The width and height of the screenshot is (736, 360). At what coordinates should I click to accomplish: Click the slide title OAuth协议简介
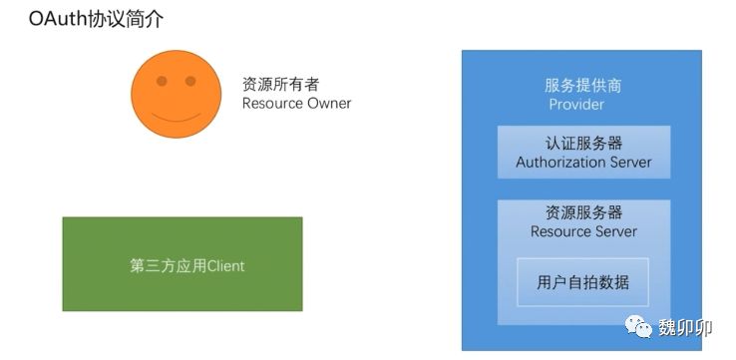pyautogui.click(x=96, y=19)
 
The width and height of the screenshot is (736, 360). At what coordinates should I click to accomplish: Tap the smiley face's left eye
pyautogui.click(x=162, y=81)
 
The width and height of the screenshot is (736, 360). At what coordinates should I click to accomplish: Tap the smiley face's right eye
pyautogui.click(x=190, y=81)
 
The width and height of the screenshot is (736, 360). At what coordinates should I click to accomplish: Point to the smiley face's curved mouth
pyautogui.click(x=176, y=118)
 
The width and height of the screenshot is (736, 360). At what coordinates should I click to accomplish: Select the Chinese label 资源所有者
pyautogui.click(x=280, y=84)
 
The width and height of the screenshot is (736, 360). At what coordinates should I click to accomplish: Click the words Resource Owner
pyautogui.click(x=296, y=104)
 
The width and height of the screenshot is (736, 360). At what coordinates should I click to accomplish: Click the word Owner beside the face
pyautogui.click(x=329, y=104)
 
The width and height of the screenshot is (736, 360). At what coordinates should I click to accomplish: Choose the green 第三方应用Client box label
pyautogui.click(x=186, y=266)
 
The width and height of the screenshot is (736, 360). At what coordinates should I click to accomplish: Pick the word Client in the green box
pyautogui.click(x=225, y=266)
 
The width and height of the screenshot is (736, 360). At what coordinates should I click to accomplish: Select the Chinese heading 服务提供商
pyautogui.click(x=583, y=86)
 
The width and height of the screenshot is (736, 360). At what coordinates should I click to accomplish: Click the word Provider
pyautogui.click(x=576, y=104)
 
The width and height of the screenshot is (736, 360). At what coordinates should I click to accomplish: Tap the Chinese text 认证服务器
pyautogui.click(x=584, y=144)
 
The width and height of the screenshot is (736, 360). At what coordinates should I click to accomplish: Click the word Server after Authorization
pyautogui.click(x=625, y=163)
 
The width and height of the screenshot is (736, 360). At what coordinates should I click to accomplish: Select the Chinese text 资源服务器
pyautogui.click(x=584, y=212)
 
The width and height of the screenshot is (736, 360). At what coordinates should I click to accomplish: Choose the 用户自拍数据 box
pyautogui.click(x=582, y=282)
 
